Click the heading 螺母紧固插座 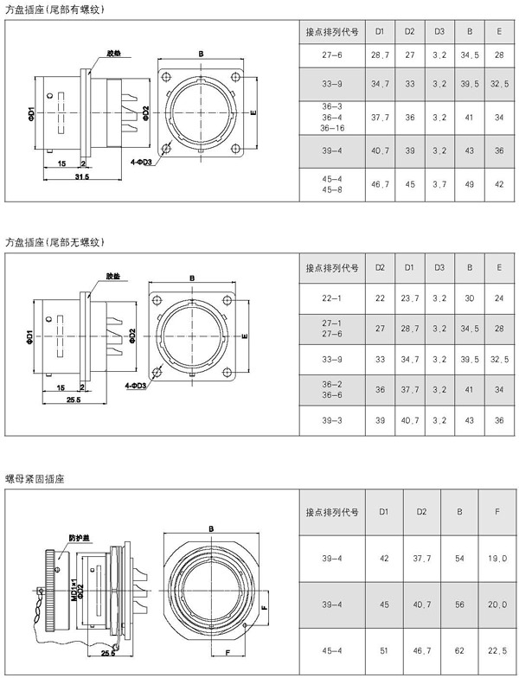(35, 477)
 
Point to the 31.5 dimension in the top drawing (82, 176)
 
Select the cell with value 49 (469, 184)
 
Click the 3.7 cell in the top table (439, 184)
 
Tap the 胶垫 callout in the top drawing (112, 52)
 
